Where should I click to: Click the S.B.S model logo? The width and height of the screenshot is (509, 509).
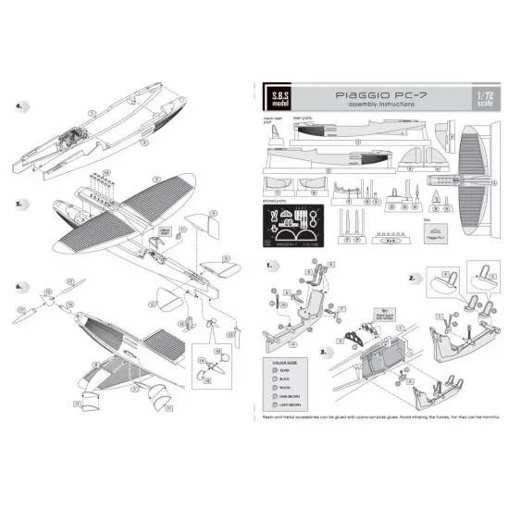[276, 99]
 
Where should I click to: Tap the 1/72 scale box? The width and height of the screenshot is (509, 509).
[479, 99]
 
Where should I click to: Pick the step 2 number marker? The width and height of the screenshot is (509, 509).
[412, 277]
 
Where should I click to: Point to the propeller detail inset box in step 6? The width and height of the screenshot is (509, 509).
[210, 363]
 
